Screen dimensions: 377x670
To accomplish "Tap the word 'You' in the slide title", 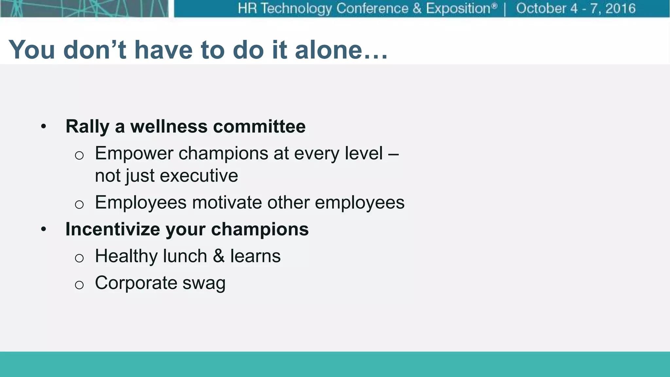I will pos(32,50).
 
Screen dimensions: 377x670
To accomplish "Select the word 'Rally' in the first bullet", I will pos(87,127).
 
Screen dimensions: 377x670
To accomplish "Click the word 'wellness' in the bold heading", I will pos(169,127).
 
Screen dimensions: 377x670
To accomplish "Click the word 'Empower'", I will pos(134,153).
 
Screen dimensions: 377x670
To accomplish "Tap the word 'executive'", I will pos(199,176).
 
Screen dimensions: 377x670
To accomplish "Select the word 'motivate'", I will pos(227,203).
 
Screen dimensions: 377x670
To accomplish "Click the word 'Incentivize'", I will pos(113,229).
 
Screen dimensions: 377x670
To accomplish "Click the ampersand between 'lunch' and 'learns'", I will pos(219,256).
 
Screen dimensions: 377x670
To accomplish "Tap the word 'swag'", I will pos(204,283).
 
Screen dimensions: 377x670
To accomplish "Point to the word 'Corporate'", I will pos(136,283).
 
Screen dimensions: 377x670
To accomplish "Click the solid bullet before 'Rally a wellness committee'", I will pos(44,127).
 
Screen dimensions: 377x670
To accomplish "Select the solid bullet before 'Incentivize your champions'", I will pos(44,230).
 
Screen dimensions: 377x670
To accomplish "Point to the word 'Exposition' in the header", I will pos(458,9).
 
